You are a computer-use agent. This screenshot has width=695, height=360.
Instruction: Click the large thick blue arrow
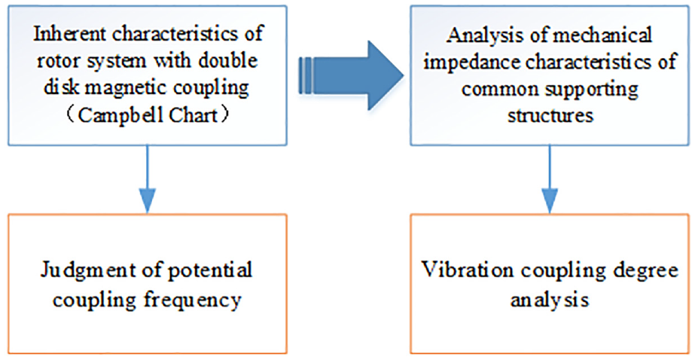click(350, 75)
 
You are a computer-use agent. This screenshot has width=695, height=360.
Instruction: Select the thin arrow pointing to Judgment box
click(146, 178)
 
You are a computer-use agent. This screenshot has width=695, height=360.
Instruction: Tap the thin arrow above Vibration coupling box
click(550, 178)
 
